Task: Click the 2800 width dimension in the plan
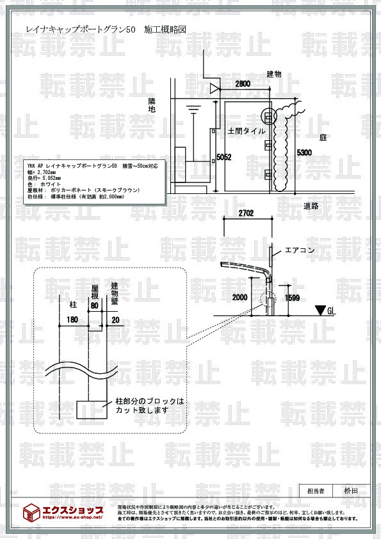[x=243, y=84]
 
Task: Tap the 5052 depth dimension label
[x=223, y=157]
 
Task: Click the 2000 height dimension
[x=239, y=298]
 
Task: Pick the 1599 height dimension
[x=291, y=298]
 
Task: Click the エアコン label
[x=299, y=251]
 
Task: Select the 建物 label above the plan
[x=274, y=75]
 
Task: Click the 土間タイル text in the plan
[x=247, y=130]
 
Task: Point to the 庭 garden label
[x=323, y=138]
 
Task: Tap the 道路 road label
[x=312, y=205]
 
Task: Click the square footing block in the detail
[x=90, y=408]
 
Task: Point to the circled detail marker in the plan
[x=268, y=116]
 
